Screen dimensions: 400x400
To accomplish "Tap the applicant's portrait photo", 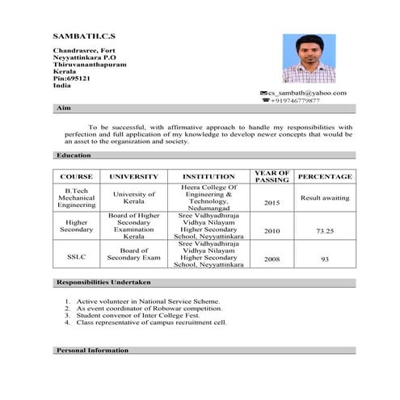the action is tap(309, 59).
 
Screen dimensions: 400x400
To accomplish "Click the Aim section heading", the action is tap(65, 108).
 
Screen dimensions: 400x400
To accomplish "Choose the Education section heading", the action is tap(74, 155).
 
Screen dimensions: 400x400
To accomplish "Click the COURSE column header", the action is tap(76, 176).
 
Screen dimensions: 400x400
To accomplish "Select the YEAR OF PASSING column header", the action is tap(272, 176).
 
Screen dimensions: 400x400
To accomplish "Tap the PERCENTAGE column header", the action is tap(325, 176).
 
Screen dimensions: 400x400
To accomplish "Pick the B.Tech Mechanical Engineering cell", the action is tap(76, 198).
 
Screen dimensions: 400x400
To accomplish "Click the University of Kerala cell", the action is tap(133, 198).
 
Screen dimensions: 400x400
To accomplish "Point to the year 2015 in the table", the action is tap(272, 204).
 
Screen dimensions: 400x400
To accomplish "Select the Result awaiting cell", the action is tap(325, 198).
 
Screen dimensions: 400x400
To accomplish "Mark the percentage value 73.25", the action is tap(325, 231).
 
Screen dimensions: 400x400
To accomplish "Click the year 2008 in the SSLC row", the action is tap(272, 259).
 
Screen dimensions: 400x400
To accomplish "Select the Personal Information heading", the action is tap(92, 351).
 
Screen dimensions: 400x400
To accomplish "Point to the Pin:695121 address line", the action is tap(71, 78).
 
